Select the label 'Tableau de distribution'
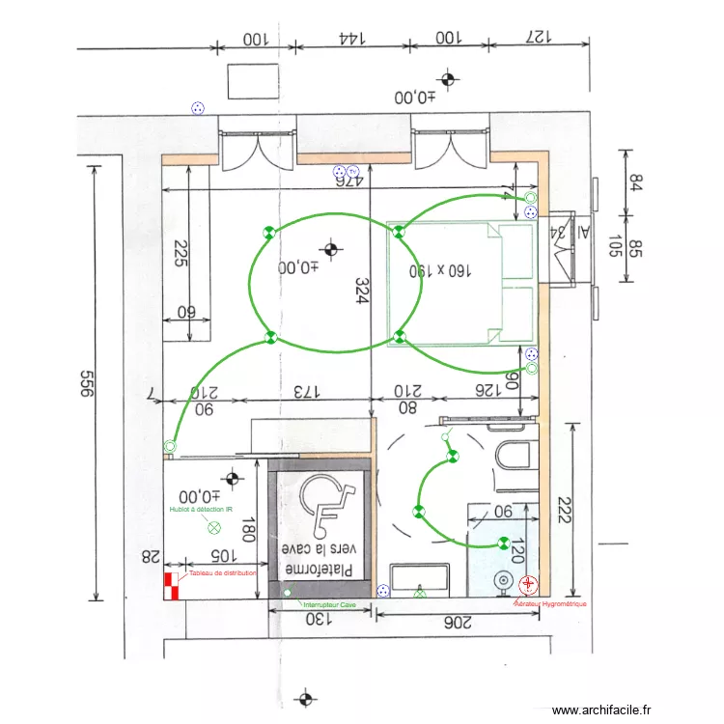[223, 573]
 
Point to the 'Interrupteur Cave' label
[328, 605]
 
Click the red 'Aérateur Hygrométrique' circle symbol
[528, 584]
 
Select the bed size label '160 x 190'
[441, 271]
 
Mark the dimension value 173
[305, 392]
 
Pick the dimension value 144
[352, 38]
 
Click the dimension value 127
[536, 38]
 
